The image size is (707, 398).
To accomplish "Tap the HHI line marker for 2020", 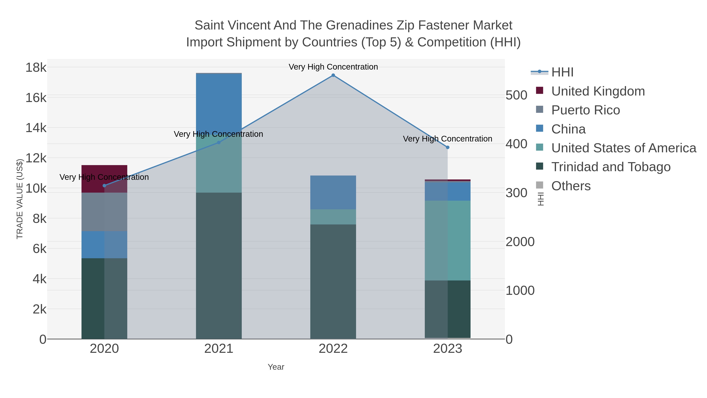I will [104, 186].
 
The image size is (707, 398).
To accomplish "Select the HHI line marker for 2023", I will [447, 147].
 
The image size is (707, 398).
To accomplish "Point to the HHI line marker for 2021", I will [219, 142].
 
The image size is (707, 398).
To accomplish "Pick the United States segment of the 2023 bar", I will [447, 240].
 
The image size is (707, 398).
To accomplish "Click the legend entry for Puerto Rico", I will [585, 110].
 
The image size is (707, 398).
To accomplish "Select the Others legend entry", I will [571, 186].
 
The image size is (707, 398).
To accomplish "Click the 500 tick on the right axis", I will [516, 95].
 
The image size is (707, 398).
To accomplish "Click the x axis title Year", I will [276, 367].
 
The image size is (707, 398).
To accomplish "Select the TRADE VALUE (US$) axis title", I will [20, 199].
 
